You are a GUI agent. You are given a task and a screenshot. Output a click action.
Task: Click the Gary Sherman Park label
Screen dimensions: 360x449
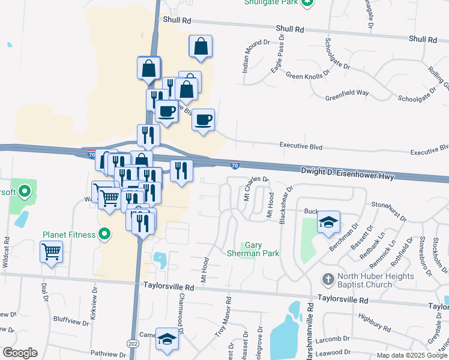(x=262, y=250)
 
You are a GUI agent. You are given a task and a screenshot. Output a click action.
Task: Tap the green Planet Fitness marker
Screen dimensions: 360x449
(x=105, y=234)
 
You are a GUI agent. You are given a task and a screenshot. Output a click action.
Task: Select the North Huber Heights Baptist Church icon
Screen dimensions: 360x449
(x=328, y=279)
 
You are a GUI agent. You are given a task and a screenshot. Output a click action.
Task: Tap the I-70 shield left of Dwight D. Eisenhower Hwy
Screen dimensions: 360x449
(x=235, y=164)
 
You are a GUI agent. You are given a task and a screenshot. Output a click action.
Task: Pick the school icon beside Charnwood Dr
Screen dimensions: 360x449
(x=167, y=338)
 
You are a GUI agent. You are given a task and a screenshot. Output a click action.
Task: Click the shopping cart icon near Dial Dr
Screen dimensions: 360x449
(x=52, y=251)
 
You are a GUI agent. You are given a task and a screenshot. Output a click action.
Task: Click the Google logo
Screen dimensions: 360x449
(x=20, y=353)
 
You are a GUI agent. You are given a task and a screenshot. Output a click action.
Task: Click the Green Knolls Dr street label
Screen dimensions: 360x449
(x=309, y=76)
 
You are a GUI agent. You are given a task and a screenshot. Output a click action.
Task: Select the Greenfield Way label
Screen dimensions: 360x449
(x=347, y=93)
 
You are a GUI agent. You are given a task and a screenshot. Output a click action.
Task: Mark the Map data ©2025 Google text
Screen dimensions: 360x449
(x=412, y=355)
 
